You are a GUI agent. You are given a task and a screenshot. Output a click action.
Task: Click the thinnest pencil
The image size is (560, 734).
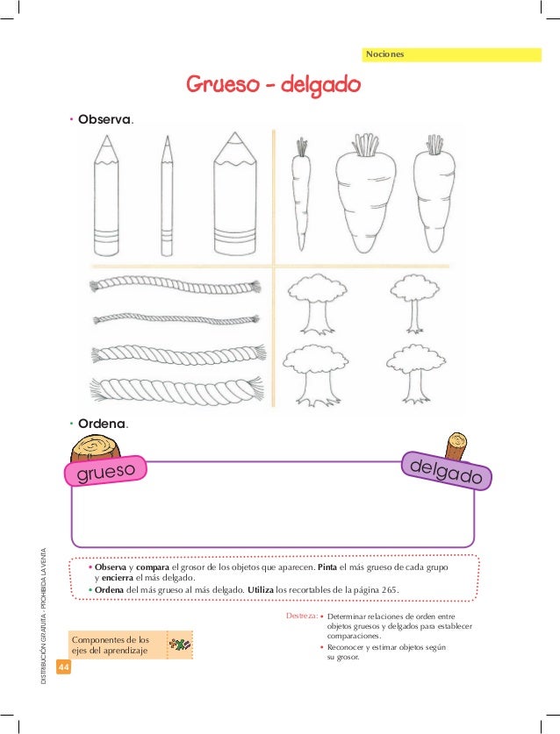click(x=167, y=196)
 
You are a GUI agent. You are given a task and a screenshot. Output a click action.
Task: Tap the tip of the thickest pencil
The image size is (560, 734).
click(x=235, y=132)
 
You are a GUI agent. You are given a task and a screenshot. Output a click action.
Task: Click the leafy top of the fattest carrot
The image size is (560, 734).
click(x=365, y=144)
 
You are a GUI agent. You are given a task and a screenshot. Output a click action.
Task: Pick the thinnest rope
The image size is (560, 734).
click(x=176, y=319)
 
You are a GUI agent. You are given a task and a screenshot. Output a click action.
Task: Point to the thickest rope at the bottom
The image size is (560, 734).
click(x=176, y=390)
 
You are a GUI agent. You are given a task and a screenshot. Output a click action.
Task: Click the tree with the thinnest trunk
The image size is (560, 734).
click(x=414, y=303)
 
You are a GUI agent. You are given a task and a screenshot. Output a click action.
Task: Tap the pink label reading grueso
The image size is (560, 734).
click(x=105, y=471)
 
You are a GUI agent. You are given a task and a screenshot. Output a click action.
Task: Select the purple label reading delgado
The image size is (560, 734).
click(x=446, y=471)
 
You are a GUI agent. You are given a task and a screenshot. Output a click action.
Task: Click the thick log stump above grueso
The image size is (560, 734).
click(x=95, y=447)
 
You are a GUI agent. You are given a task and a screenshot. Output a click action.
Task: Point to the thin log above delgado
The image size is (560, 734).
click(x=456, y=445)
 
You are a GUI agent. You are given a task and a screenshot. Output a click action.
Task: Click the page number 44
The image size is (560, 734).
click(x=63, y=666)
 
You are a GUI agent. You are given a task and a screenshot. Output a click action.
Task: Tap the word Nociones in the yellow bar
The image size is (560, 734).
click(x=384, y=54)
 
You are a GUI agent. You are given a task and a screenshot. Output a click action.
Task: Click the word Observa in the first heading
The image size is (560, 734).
click(x=104, y=119)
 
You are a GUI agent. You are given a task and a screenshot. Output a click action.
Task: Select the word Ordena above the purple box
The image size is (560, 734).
click(x=102, y=424)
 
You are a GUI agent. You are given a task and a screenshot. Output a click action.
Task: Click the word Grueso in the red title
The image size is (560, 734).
click(x=223, y=84)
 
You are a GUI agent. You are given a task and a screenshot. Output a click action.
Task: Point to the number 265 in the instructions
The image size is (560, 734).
click(x=389, y=590)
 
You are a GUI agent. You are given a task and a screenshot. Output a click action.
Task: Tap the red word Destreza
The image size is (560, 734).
click(x=302, y=616)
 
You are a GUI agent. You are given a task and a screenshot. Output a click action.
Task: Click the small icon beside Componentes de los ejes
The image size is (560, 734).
click(x=180, y=645)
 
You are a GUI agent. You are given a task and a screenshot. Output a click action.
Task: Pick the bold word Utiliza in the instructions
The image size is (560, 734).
click(x=261, y=590)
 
